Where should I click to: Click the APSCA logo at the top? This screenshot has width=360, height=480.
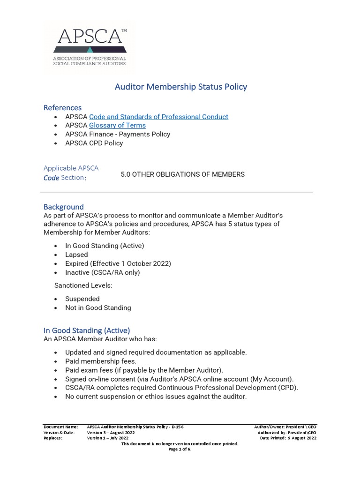click(x=90, y=47)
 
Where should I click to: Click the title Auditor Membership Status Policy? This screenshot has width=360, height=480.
click(x=181, y=87)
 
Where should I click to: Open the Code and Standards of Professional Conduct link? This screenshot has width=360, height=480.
click(x=158, y=117)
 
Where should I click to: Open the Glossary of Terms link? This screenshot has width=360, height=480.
click(x=117, y=125)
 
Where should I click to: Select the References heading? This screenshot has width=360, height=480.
click(x=62, y=107)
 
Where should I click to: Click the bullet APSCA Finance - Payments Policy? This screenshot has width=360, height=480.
click(x=118, y=134)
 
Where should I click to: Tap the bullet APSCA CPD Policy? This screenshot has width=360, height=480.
click(x=94, y=143)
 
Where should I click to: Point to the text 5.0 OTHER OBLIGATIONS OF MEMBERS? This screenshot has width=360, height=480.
click(x=182, y=174)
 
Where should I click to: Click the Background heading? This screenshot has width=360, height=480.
click(x=63, y=207)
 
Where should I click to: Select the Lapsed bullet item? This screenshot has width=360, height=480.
click(x=76, y=255)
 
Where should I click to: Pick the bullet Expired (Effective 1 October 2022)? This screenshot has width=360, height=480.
click(x=118, y=263)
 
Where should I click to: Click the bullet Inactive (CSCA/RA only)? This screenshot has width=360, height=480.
click(x=102, y=272)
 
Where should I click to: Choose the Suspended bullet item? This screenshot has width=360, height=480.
click(x=82, y=299)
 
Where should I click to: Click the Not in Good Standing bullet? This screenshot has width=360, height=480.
click(x=98, y=307)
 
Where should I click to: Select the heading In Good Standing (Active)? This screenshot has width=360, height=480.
click(x=87, y=330)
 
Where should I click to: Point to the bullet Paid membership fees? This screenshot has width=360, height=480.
click(x=101, y=361)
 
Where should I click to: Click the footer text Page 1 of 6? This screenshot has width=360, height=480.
click(x=180, y=449)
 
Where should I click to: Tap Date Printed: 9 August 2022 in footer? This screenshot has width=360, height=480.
click(x=288, y=438)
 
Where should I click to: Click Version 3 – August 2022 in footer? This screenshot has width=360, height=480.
click(x=111, y=433)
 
